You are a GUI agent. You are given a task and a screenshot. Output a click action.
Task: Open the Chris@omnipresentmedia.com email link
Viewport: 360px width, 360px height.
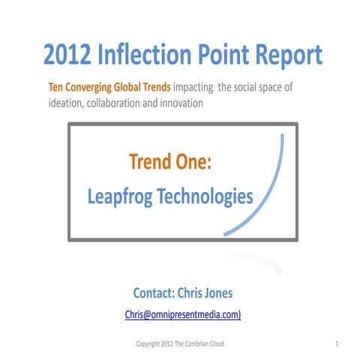(x=182, y=315)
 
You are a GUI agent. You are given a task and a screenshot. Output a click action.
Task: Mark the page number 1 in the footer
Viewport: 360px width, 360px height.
(x=338, y=343)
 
